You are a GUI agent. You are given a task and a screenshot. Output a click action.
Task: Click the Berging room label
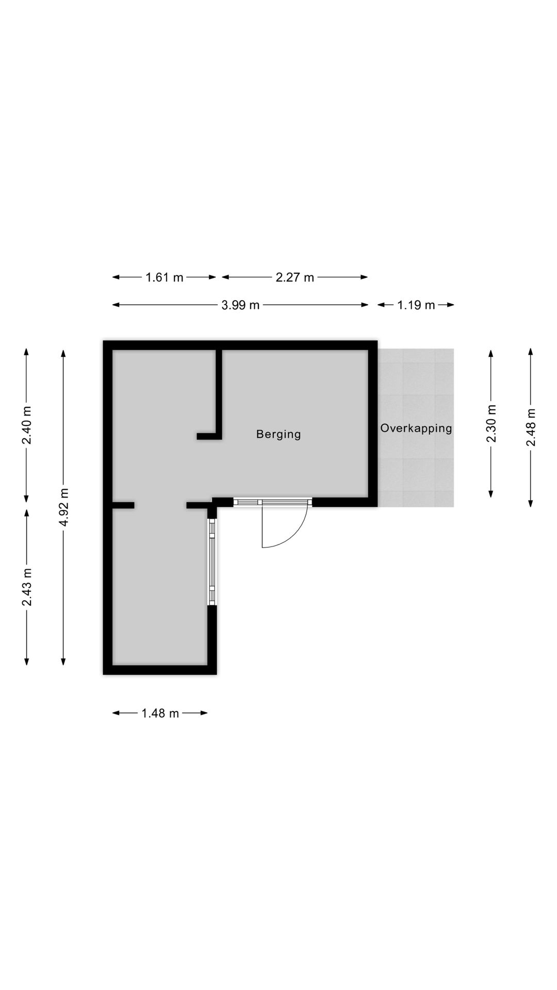(x=278, y=434)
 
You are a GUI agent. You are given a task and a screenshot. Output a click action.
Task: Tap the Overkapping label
(x=416, y=428)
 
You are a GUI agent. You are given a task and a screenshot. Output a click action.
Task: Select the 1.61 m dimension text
(x=165, y=277)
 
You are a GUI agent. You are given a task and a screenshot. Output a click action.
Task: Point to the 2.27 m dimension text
(x=295, y=277)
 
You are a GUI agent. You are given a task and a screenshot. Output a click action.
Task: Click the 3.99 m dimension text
(x=240, y=305)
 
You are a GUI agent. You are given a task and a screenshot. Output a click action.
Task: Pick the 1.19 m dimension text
(x=416, y=305)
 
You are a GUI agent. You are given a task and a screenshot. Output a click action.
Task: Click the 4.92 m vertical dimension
(x=63, y=507)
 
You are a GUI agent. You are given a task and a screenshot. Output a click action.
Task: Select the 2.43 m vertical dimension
(x=27, y=587)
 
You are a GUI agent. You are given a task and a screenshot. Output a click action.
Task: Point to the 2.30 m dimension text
(x=491, y=423)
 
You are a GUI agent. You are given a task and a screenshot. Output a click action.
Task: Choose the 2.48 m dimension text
(x=531, y=427)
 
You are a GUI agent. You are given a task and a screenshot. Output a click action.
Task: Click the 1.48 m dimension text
(x=160, y=713)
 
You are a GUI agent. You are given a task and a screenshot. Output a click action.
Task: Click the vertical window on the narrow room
(x=212, y=562)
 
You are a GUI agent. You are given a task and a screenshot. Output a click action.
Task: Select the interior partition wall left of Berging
(x=219, y=394)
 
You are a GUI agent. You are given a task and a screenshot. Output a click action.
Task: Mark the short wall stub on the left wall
(x=124, y=505)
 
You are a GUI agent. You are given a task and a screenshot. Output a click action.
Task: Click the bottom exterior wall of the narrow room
(x=160, y=670)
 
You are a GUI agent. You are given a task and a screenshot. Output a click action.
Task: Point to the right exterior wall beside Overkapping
(x=373, y=423)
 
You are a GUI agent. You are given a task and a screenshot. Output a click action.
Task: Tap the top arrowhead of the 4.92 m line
(x=63, y=353)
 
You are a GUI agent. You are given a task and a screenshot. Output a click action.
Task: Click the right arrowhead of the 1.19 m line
(x=451, y=305)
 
